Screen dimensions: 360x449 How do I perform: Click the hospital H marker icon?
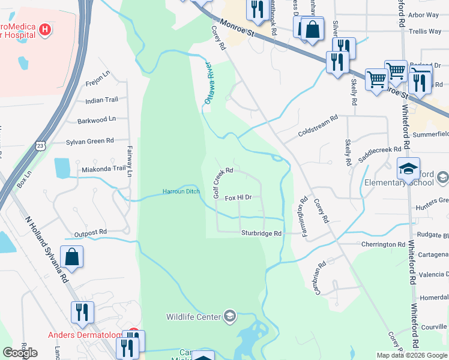[x=44, y=29]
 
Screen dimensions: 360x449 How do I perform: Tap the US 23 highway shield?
[x=40, y=145]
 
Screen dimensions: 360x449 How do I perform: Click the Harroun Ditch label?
[x=180, y=192]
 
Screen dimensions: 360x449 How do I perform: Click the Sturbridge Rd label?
[x=261, y=233]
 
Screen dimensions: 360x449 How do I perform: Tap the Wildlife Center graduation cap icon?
[x=229, y=316]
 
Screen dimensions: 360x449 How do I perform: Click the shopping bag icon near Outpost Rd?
[x=71, y=257]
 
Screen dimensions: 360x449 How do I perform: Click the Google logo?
[x=20, y=353]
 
